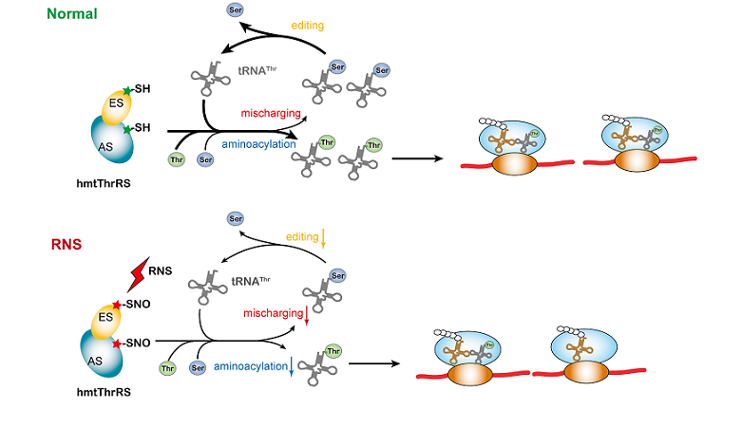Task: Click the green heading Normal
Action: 76,14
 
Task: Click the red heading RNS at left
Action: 66,244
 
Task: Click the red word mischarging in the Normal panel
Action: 272,113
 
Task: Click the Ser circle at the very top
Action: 235,10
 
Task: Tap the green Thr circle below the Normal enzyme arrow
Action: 176,160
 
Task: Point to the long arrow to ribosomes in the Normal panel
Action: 418,155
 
